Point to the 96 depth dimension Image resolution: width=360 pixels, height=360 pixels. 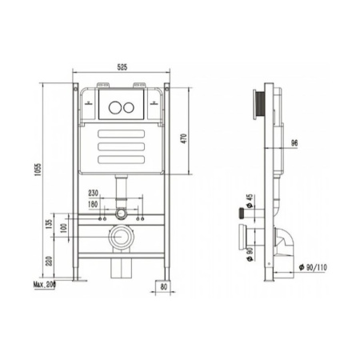294,144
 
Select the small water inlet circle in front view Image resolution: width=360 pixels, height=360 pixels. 119,214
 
